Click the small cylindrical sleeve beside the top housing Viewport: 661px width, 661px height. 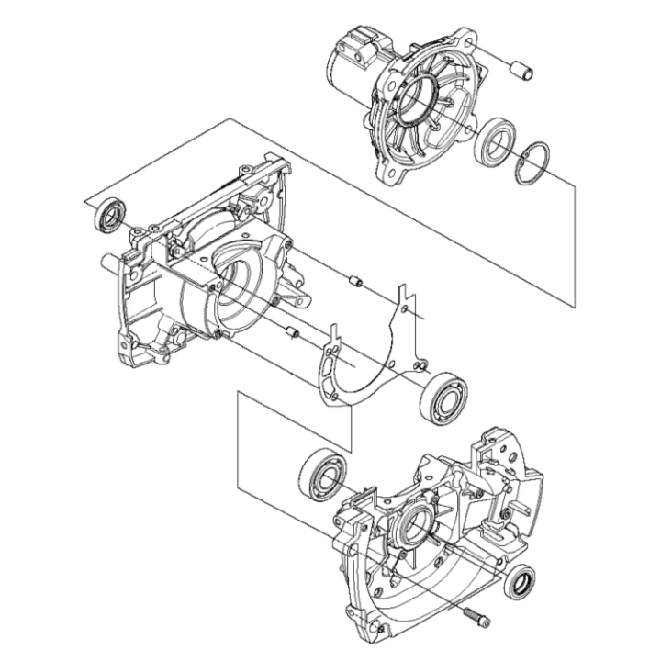coord(521,71)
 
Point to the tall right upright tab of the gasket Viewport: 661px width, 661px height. coord(405,303)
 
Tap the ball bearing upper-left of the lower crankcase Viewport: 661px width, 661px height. coord(321,474)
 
